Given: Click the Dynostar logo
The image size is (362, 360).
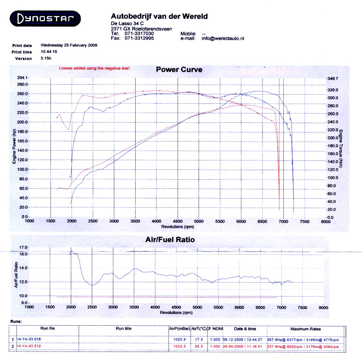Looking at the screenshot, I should click(x=46, y=19).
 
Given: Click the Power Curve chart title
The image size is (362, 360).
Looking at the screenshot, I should click(x=179, y=70).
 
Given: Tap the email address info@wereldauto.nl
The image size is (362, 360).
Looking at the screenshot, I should click(x=223, y=38).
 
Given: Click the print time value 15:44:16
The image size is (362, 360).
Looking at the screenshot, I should click(x=49, y=52).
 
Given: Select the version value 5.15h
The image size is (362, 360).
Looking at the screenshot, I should click(x=47, y=58).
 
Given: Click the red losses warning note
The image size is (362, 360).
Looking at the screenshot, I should click(x=94, y=69).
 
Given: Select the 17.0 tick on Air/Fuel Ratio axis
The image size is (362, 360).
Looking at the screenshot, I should click(x=23, y=247).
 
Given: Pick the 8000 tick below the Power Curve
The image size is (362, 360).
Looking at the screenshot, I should click(x=325, y=221).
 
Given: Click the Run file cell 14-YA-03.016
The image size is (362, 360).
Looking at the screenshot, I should click(x=28, y=339).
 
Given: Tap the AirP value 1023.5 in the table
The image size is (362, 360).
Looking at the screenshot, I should click(x=179, y=346).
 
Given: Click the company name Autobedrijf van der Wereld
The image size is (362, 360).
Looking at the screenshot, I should click(x=159, y=16).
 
